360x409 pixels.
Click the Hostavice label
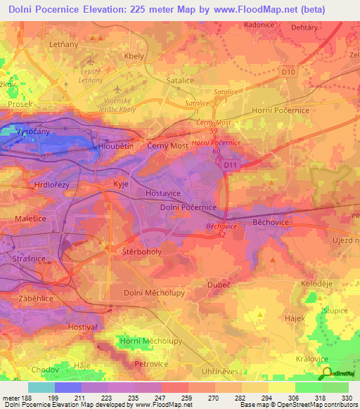coord(164,191)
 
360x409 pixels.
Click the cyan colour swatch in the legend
coord(41,387)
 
